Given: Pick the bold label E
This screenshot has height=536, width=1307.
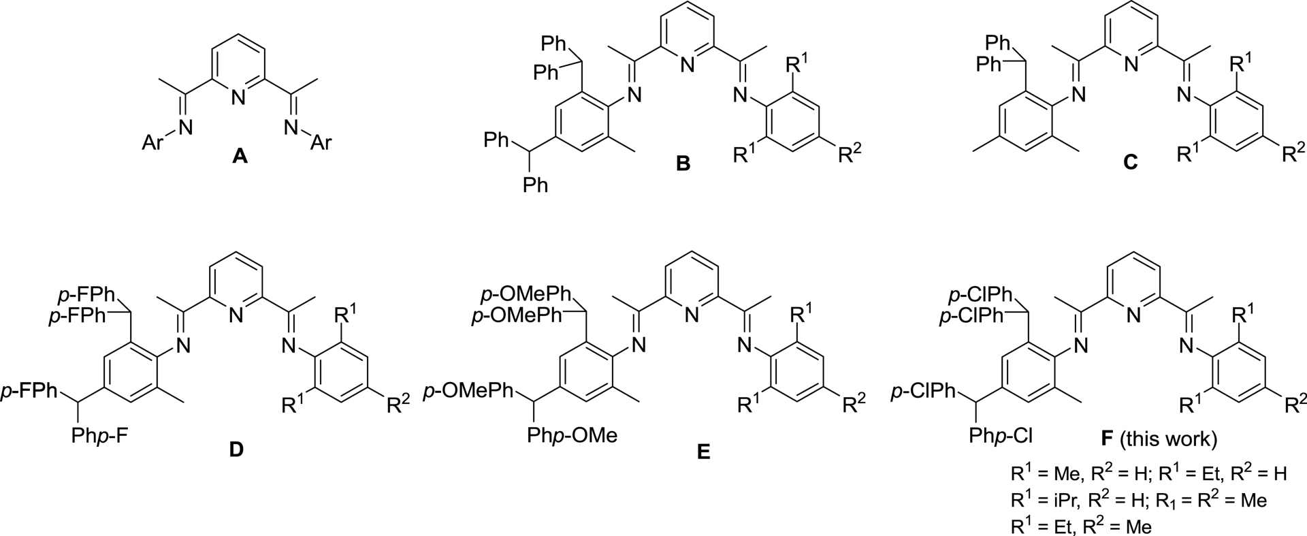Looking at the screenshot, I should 703,452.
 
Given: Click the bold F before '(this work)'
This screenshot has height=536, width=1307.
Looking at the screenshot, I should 1107,440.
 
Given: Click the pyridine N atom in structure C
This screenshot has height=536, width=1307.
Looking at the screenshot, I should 1130,65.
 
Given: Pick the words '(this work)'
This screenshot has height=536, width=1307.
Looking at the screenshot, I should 1171,440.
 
